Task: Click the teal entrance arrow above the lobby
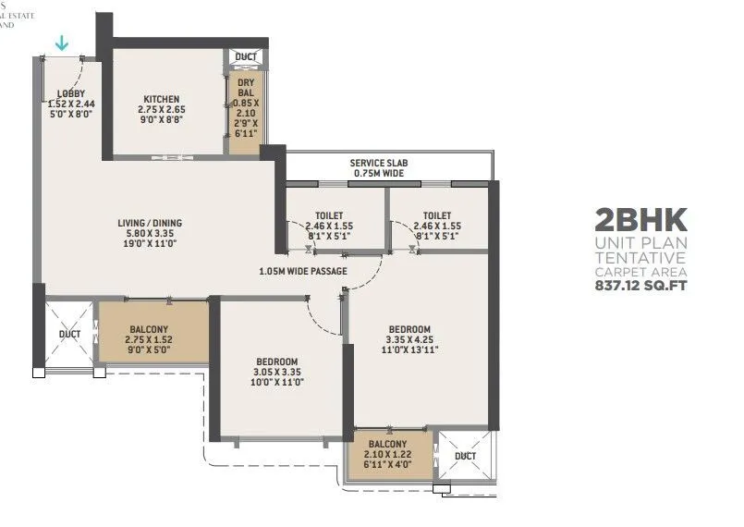click(x=62, y=43)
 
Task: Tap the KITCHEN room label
click(x=161, y=100)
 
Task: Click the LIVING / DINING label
click(x=150, y=223)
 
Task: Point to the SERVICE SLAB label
click(x=380, y=163)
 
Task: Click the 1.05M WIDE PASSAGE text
click(x=303, y=271)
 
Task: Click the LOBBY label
click(x=70, y=93)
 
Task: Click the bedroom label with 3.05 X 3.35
click(x=277, y=361)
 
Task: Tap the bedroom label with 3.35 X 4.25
click(x=409, y=330)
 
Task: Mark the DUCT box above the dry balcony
click(x=246, y=57)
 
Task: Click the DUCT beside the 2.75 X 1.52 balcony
click(x=69, y=334)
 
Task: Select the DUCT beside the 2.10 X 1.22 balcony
click(x=466, y=456)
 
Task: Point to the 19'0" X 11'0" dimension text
click(x=150, y=245)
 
